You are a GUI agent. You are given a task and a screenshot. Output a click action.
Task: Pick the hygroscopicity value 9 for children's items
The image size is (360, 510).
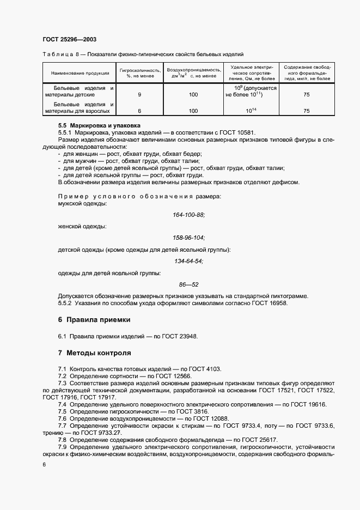[139, 95]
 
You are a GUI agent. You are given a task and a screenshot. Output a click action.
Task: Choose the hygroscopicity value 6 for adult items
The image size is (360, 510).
[139, 111]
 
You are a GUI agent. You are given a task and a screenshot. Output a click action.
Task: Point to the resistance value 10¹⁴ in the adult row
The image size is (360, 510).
[251, 111]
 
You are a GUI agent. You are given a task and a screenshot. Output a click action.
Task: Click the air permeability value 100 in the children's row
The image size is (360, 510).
[193, 95]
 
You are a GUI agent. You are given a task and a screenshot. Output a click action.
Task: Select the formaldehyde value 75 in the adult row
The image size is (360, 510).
[307, 111]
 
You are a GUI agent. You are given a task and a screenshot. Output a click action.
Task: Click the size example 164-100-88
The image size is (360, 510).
[188, 215]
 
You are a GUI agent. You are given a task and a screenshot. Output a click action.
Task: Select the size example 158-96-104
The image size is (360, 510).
[188, 238]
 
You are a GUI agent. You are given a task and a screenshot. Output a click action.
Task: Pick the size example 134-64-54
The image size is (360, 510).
[188, 261]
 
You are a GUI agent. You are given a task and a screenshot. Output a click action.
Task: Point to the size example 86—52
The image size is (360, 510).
[188, 284]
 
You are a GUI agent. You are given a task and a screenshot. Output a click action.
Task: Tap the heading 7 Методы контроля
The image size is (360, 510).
[94, 353]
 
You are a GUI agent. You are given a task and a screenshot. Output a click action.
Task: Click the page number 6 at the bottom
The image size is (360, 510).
[44, 464]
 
